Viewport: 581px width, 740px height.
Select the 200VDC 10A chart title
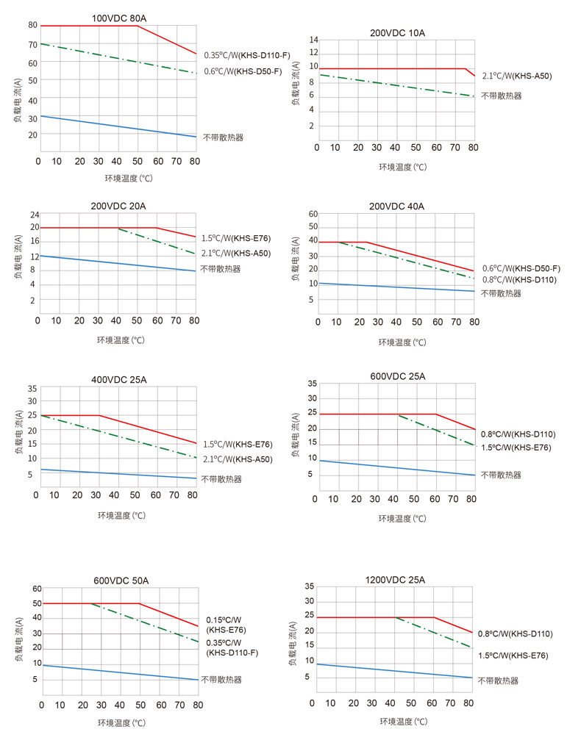point(397,33)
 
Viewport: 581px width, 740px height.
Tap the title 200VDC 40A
point(396,206)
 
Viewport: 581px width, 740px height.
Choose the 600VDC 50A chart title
point(121,581)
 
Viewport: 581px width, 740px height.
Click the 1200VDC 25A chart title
point(394,580)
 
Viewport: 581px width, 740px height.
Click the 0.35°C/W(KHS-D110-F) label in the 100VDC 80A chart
point(247,55)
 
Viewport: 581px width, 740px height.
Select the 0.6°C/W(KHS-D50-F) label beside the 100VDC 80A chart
point(243,71)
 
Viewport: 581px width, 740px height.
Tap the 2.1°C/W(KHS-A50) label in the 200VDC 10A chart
point(516,76)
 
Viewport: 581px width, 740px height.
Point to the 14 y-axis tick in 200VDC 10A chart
point(313,40)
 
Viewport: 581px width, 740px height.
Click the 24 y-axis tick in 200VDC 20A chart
point(35,215)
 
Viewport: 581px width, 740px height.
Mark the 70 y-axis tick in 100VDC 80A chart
point(32,44)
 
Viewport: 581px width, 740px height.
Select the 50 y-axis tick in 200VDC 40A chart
point(313,227)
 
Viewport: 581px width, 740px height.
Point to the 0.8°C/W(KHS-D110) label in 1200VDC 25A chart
point(515,633)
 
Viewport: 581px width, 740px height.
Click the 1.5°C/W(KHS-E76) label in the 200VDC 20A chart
point(237,238)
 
